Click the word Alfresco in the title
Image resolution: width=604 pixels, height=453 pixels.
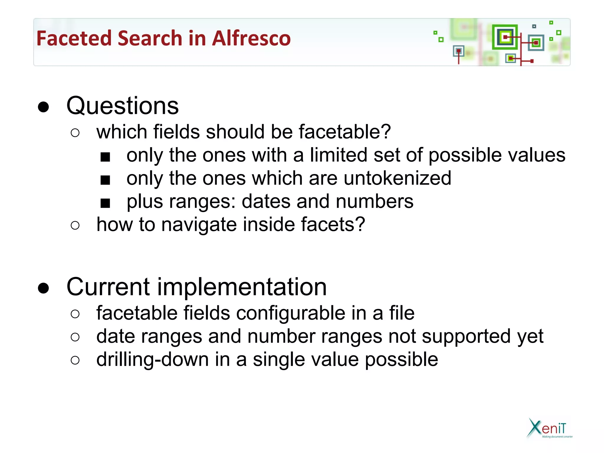pos(251,38)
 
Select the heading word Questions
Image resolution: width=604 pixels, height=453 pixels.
pos(122,106)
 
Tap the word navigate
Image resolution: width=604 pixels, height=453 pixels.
pos(199,224)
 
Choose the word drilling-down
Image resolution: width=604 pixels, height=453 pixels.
pos(152,360)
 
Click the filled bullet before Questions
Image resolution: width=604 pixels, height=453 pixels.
pos(43,107)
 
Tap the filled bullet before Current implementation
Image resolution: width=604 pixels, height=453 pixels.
pos(43,288)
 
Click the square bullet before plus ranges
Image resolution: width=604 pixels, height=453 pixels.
pos(105,203)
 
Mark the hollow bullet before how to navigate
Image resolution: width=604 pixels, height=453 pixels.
pos(75,226)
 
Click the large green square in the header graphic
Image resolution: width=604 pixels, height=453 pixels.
pos(505,37)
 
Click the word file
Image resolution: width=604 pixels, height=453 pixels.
pos(402,313)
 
